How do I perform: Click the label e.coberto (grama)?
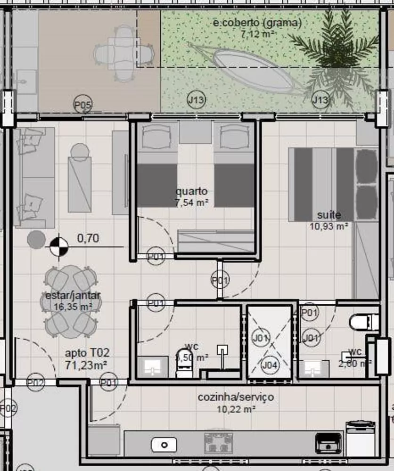(x=257, y=23)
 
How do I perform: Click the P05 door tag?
(x=83, y=105)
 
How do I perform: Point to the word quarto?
(x=191, y=192)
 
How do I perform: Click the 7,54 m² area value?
(x=192, y=203)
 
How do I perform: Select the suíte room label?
(x=328, y=215)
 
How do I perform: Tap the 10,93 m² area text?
(x=329, y=226)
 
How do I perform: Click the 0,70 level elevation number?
(x=88, y=238)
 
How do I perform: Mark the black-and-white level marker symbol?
(x=59, y=246)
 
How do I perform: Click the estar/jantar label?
(x=73, y=296)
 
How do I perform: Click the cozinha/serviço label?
(x=235, y=397)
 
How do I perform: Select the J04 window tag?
(x=269, y=365)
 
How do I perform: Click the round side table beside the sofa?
(x=36, y=239)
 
